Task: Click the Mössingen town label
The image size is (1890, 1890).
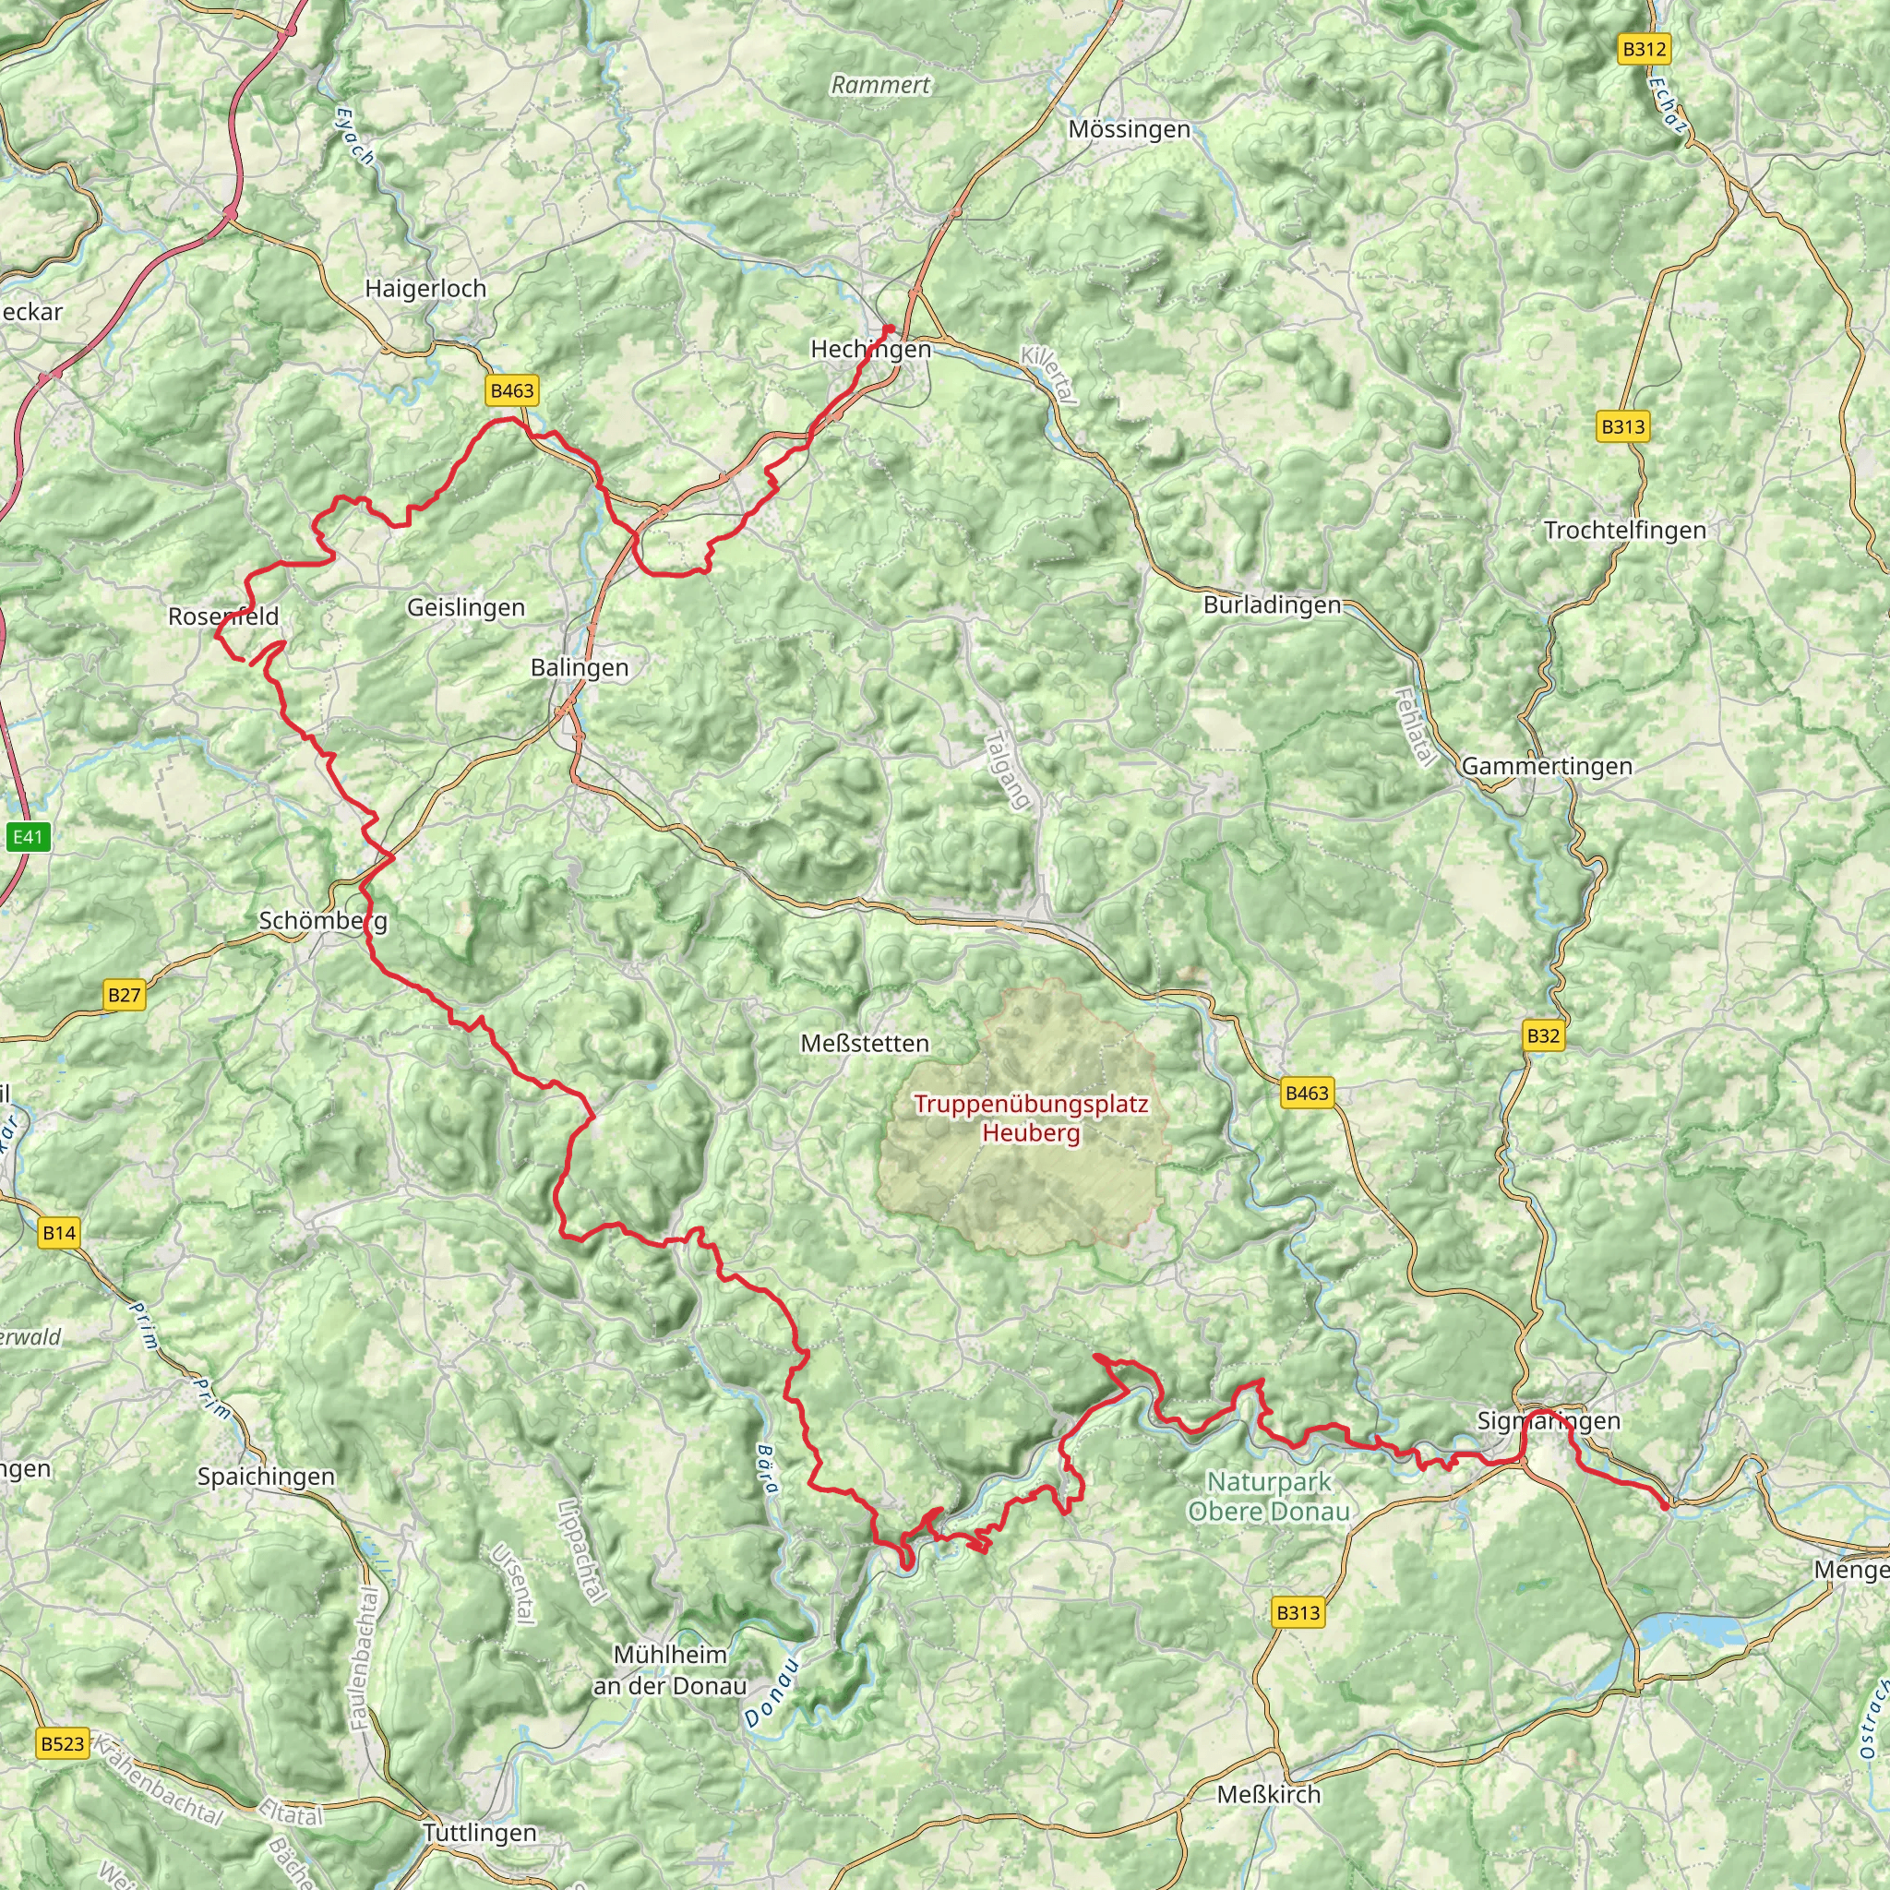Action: click(1129, 129)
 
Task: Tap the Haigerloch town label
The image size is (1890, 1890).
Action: click(425, 289)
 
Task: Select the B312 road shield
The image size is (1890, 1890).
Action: click(1644, 50)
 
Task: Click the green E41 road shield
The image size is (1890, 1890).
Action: click(28, 836)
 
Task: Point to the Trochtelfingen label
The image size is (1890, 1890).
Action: click(1624, 531)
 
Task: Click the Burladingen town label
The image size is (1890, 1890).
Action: click(1272, 604)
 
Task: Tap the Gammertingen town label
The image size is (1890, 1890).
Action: click(1547, 766)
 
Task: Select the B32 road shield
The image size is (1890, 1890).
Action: click(1543, 1036)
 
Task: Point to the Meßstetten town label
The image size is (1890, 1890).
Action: click(864, 1043)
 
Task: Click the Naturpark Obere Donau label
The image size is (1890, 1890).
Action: click(1268, 1496)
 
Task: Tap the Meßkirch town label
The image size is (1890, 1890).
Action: click(1269, 1794)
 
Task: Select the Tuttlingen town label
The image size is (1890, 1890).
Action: click(479, 1832)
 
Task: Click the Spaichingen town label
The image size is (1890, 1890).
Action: click(265, 1477)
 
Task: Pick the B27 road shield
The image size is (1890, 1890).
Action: click(125, 996)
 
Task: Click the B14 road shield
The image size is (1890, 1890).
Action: click(59, 1233)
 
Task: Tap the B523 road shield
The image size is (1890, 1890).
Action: click(64, 1743)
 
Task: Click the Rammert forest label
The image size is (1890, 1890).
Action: click(880, 85)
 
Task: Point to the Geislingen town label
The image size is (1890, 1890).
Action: click(466, 607)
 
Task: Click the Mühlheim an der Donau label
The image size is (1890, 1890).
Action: click(670, 1669)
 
